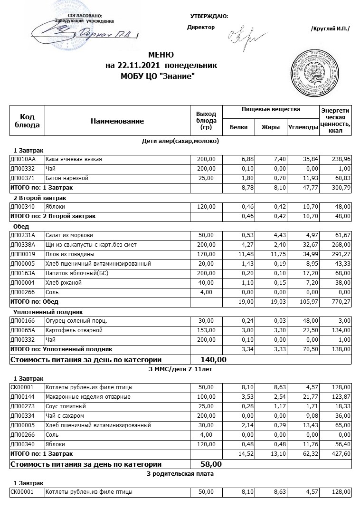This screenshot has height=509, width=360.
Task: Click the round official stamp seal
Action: click(x=313, y=70)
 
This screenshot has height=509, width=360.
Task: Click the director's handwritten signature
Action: click(x=241, y=35)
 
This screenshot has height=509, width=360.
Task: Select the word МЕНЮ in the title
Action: click(x=161, y=55)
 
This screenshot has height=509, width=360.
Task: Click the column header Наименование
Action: click(x=117, y=121)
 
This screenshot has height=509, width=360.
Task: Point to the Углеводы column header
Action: click(x=303, y=127)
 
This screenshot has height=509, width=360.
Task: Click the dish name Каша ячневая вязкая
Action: click(x=74, y=159)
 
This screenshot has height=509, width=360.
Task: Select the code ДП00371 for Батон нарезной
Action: click(x=23, y=178)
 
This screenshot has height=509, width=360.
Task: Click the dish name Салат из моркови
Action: click(x=69, y=235)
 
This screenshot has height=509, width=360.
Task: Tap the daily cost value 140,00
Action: click(x=214, y=359)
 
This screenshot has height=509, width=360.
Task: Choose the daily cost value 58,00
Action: click(x=211, y=464)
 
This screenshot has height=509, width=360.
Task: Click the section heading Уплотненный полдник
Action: click(x=48, y=312)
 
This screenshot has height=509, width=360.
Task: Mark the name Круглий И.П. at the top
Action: click(x=330, y=29)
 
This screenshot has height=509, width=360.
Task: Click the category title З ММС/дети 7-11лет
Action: click(x=180, y=368)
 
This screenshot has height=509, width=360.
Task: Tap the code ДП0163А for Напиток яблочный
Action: click(x=23, y=273)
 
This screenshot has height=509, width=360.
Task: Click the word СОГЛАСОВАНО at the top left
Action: click(x=88, y=16)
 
